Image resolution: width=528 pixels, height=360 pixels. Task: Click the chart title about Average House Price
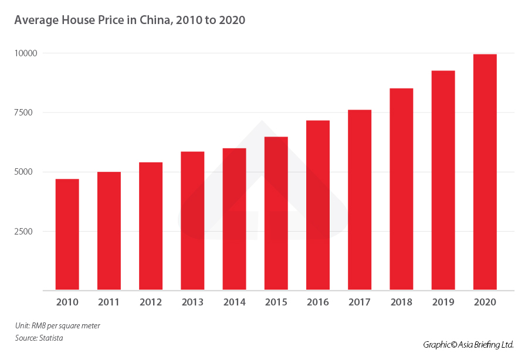[x=130, y=20]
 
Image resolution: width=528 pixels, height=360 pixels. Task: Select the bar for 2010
[x=67, y=235]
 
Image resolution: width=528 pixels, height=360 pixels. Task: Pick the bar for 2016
[x=318, y=205]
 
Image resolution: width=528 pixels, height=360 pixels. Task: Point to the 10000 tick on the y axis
[x=26, y=53]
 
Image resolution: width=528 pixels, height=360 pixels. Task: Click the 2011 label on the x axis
[x=109, y=303]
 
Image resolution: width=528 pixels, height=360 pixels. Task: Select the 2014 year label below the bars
[x=234, y=303]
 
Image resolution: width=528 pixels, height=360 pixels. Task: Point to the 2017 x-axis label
[x=360, y=303]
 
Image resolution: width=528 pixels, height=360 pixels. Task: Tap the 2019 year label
[x=443, y=303]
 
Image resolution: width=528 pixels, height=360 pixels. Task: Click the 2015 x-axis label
[x=276, y=303]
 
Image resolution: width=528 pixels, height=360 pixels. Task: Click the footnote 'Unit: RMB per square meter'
[x=53, y=325]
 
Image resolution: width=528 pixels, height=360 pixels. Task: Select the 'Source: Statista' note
[x=39, y=338]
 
